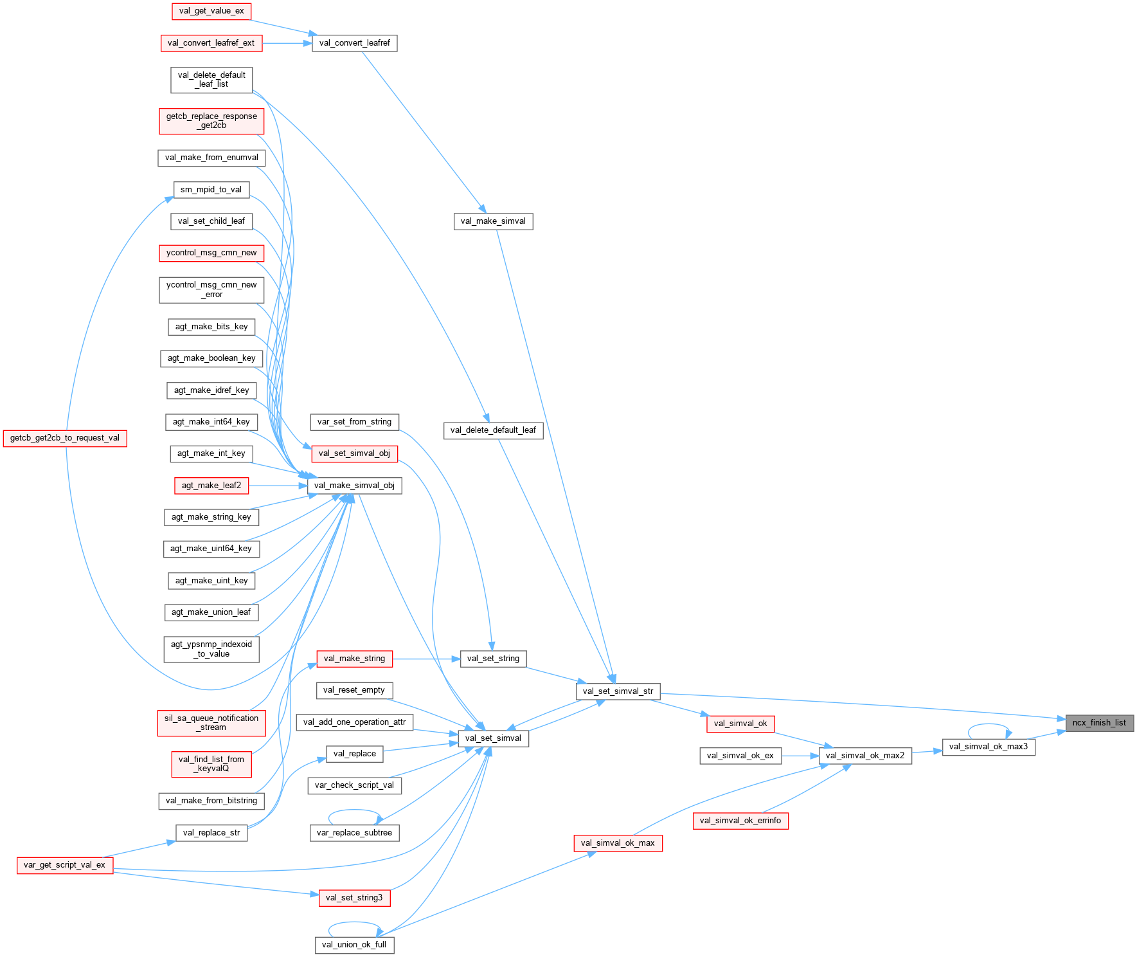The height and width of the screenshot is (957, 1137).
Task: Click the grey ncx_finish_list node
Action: [x=1098, y=722]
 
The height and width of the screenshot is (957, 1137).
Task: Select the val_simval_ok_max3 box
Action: [x=988, y=746]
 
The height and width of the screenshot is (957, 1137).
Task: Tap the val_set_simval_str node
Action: [x=617, y=691]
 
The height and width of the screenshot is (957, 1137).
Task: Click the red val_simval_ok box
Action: [x=740, y=723]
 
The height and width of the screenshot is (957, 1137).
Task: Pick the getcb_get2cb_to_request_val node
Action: [x=64, y=438]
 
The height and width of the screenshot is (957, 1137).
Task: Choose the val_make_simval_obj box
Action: [x=354, y=485]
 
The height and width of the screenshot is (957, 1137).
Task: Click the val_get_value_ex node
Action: [x=211, y=11]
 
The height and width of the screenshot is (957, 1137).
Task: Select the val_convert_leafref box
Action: [x=354, y=43]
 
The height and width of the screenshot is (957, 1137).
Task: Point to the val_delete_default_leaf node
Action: [x=493, y=430]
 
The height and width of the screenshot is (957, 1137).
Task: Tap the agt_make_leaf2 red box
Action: [x=211, y=485]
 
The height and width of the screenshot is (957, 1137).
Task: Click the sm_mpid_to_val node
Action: [x=211, y=190]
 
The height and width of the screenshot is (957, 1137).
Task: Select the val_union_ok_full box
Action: [x=354, y=944]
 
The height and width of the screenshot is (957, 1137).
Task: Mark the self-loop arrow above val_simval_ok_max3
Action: [x=990, y=725]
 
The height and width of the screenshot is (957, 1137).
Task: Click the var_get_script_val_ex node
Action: [x=64, y=865]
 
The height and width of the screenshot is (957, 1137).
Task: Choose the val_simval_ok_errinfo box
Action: [x=740, y=820]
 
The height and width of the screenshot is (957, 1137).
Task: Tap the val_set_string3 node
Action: [x=354, y=897]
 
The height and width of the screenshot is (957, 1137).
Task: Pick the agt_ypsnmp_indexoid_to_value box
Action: [x=211, y=649]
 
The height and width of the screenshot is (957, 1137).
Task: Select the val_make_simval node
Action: [x=493, y=221]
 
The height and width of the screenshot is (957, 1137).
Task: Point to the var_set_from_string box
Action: [x=354, y=422]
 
